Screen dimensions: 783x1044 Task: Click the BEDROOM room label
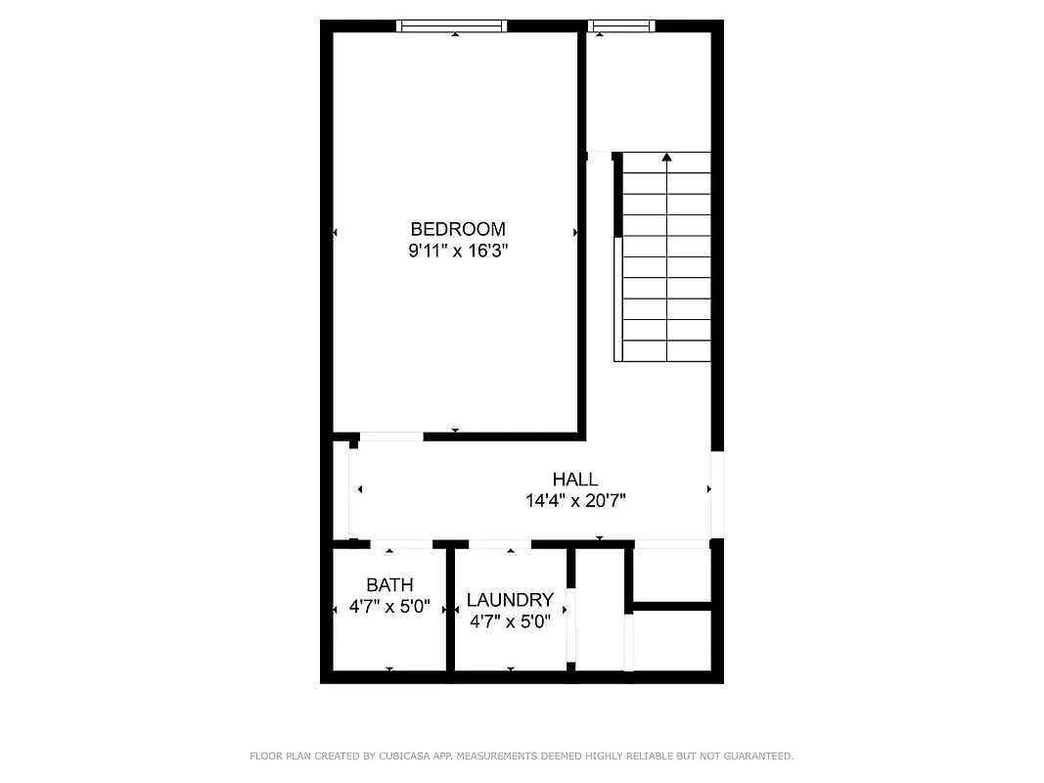point(458,229)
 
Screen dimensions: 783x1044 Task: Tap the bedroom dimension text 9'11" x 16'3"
point(458,251)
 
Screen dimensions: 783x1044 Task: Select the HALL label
point(574,479)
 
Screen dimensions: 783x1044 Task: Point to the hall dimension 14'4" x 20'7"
point(574,500)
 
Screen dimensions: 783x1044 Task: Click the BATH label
point(389,585)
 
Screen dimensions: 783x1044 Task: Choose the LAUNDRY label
point(510,600)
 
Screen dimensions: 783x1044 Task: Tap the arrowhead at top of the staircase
point(667,156)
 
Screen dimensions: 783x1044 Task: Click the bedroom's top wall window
point(451,26)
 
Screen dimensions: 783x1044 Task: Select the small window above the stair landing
point(620,26)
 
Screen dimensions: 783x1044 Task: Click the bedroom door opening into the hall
point(391,436)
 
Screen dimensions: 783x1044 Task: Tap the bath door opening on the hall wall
point(401,544)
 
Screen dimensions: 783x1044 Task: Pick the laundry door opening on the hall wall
point(499,544)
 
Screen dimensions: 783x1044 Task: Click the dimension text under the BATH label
point(389,607)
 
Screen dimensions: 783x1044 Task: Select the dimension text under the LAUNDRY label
point(510,621)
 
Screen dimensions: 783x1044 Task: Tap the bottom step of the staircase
point(667,350)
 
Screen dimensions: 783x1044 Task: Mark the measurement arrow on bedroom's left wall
point(335,233)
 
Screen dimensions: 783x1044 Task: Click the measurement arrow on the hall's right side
point(709,488)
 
